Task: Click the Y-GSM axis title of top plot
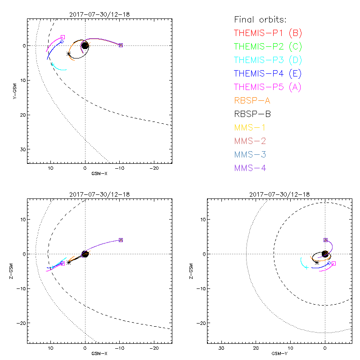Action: [16, 90]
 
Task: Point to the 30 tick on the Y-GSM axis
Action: [21, 149]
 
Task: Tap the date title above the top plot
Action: [99, 14]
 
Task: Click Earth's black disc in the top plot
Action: [85, 45]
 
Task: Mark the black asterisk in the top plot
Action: [68, 54]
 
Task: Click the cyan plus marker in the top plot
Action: [53, 64]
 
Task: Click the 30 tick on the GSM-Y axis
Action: [221, 348]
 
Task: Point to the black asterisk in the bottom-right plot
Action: [317, 262]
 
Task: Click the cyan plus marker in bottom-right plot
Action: [306, 267]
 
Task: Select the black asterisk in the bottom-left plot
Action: [68, 262]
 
